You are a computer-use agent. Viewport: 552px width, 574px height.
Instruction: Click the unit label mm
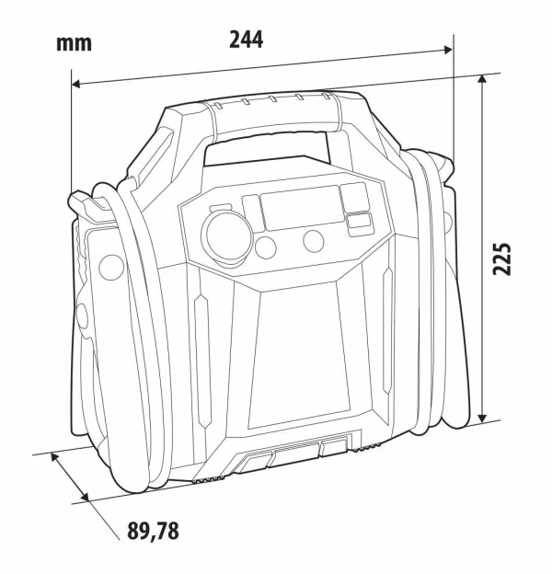click(74, 43)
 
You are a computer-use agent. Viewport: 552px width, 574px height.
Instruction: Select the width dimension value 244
click(246, 40)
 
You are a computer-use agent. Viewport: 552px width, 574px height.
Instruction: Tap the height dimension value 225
click(501, 258)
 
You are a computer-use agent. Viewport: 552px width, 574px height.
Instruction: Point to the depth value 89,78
click(153, 531)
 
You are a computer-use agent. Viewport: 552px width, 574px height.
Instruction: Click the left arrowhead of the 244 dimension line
click(76, 85)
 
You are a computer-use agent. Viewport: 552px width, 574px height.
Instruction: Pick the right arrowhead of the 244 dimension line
click(448, 50)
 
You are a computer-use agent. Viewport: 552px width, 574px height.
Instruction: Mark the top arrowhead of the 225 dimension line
click(483, 79)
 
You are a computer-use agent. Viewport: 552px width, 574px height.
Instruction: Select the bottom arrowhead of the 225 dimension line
click(483, 417)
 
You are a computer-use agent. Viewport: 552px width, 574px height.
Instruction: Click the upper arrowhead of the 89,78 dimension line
click(55, 457)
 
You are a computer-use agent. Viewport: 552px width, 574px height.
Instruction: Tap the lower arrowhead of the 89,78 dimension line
click(85, 497)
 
